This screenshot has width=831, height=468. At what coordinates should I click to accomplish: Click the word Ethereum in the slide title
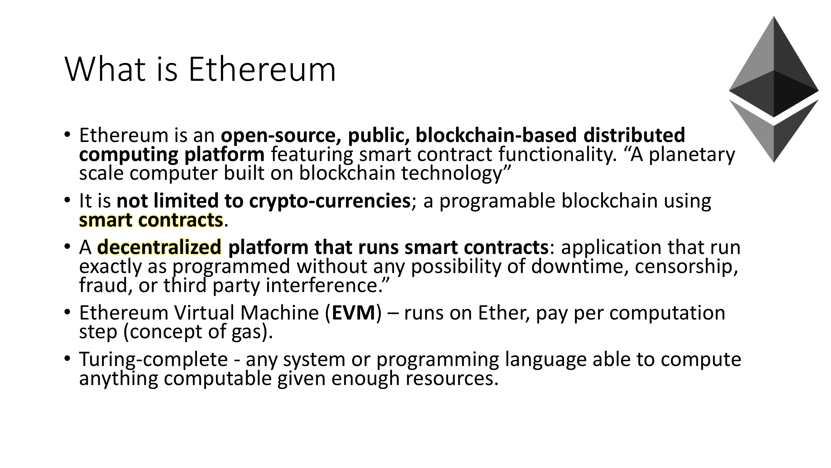[x=262, y=70]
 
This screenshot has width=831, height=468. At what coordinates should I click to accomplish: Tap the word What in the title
[x=105, y=70]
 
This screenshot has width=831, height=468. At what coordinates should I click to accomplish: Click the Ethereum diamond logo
[x=774, y=89]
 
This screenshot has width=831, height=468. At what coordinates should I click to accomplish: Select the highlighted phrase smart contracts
[x=151, y=220]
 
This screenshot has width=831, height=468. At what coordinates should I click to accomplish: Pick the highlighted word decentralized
[x=159, y=247]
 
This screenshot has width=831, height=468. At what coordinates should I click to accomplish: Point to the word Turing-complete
[x=154, y=359]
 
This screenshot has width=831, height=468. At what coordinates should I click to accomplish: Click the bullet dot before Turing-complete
[x=67, y=359]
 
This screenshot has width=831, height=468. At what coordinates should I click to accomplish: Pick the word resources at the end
[x=452, y=378]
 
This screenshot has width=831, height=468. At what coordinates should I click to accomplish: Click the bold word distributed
[x=634, y=135]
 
